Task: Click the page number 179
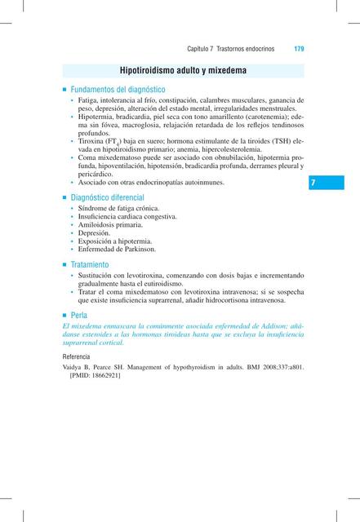pos(299,49)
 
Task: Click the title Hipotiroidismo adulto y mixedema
pos(179,72)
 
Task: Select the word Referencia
pos(78,358)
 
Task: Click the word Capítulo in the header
pos(200,49)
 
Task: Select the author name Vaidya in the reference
pos(75,369)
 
